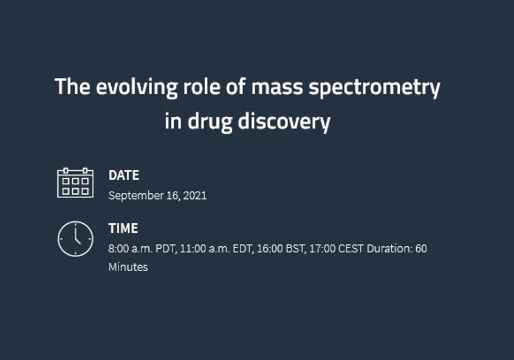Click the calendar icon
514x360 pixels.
click(x=75, y=183)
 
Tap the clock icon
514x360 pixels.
click(x=75, y=239)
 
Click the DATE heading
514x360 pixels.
click(x=123, y=175)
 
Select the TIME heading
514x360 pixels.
click(x=123, y=229)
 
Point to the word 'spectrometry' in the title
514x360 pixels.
click(x=374, y=87)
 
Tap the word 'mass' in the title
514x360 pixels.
click(x=277, y=87)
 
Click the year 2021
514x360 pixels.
click(x=195, y=196)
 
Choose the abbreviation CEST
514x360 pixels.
click(x=351, y=249)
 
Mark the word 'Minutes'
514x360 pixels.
click(x=128, y=267)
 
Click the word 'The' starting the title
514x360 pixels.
click(x=72, y=87)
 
